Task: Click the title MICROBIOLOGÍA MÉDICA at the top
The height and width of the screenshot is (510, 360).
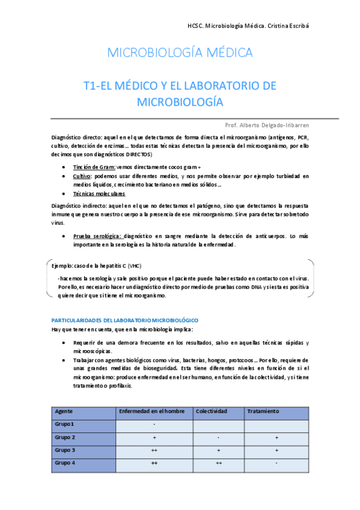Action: [x=180, y=53]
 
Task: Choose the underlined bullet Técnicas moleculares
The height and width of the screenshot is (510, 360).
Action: [x=99, y=194]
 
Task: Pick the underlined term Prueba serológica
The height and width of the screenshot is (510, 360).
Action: [x=97, y=236]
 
